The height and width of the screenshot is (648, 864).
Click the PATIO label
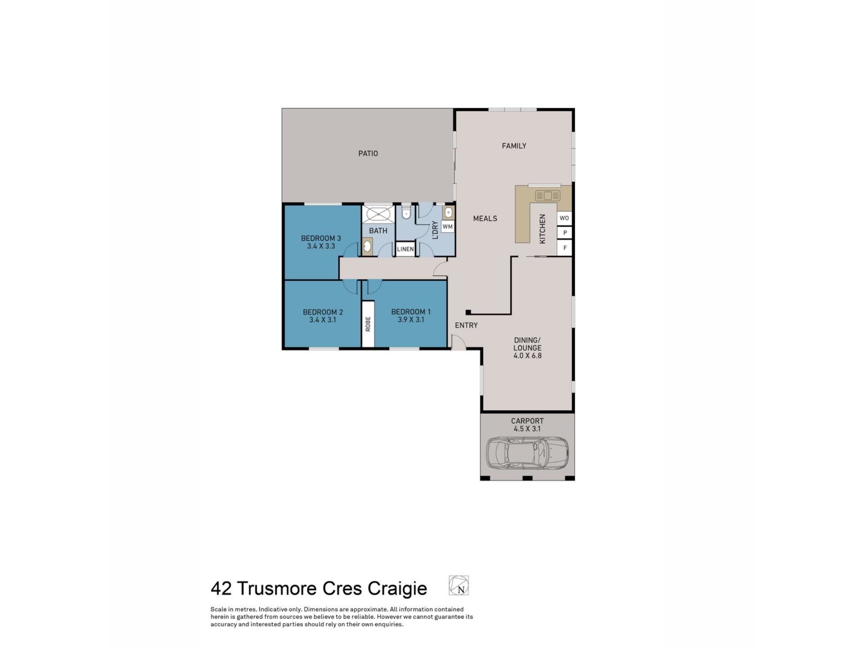click(368, 153)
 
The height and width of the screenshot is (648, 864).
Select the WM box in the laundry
click(447, 227)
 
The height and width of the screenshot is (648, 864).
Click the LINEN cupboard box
click(405, 249)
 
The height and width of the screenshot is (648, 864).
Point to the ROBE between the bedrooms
click(368, 324)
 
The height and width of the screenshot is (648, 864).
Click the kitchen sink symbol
click(547, 196)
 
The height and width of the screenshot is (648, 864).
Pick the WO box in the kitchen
click(564, 218)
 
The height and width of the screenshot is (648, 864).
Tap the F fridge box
click(565, 248)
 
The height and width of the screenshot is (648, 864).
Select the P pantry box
click(565, 233)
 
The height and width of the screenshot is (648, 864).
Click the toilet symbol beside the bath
click(406, 212)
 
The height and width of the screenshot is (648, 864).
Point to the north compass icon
click(459, 585)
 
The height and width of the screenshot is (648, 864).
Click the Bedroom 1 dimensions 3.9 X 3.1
click(410, 320)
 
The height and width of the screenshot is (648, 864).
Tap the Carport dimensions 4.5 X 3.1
click(527, 429)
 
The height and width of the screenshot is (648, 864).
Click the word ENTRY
click(466, 325)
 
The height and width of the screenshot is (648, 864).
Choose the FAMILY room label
click(514, 146)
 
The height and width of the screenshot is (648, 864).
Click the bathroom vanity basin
click(367, 246)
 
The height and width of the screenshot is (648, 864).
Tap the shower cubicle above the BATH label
click(378, 213)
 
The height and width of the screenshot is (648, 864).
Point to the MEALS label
click(485, 219)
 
